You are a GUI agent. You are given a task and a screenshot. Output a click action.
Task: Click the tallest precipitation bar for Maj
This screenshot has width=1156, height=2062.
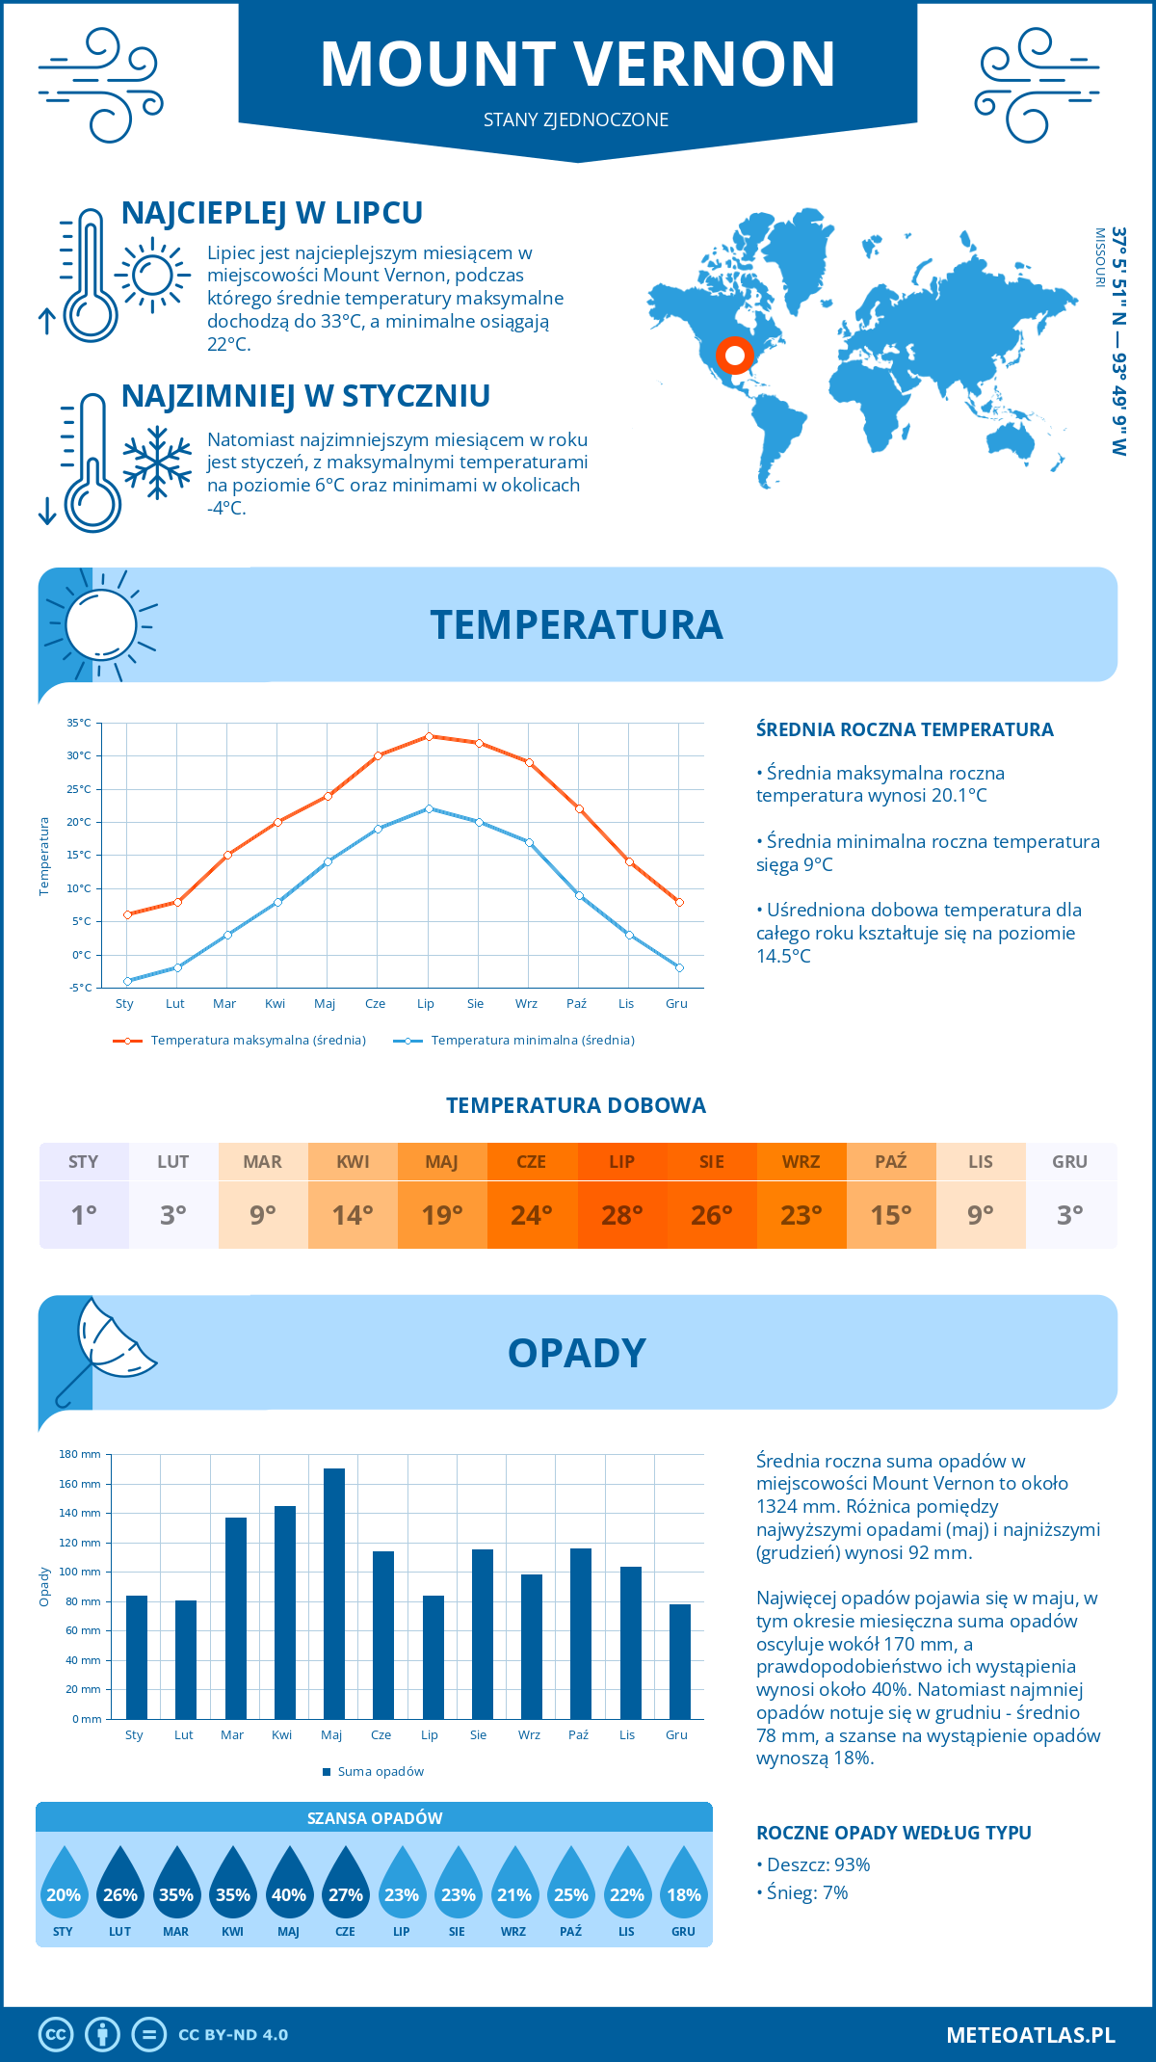click(334, 1594)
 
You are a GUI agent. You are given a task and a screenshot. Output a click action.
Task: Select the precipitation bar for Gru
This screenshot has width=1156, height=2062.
click(680, 1661)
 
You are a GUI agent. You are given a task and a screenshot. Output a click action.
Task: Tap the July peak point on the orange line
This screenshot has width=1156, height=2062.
click(429, 736)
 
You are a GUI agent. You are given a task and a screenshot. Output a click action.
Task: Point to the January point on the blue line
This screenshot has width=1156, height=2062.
click(127, 981)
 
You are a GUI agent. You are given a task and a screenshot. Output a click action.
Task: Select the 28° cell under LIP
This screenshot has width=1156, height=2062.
click(621, 1215)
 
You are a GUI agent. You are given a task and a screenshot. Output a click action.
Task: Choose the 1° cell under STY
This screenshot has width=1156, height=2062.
click(84, 1215)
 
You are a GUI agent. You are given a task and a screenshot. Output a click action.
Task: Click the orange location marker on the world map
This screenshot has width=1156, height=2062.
click(734, 356)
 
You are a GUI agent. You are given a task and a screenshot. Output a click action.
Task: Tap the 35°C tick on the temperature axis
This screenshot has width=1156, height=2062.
click(79, 723)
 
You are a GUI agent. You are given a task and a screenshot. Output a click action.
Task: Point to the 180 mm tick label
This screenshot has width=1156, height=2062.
click(80, 1454)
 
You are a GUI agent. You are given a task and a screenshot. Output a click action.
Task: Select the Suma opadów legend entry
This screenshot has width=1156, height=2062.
click(380, 1772)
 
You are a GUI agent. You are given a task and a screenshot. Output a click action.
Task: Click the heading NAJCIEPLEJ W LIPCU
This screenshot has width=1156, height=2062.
click(272, 213)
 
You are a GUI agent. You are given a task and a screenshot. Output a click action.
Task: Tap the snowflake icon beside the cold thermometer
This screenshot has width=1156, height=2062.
click(157, 463)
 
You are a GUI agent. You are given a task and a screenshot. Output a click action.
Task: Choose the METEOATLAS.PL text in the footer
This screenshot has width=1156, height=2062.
click(1030, 2035)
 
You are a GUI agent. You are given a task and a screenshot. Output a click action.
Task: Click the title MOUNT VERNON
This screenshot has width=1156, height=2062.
click(578, 65)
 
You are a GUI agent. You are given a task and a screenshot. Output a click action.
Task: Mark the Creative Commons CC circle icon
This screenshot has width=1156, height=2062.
click(56, 2035)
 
